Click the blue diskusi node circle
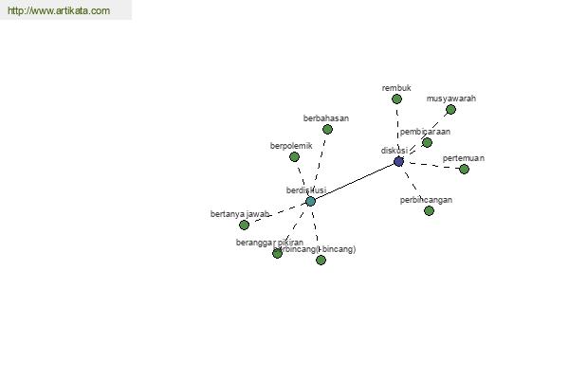[398, 162]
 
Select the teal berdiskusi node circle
[310, 201]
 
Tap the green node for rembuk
[396, 99]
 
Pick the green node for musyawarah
[450, 109]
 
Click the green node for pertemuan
[464, 169]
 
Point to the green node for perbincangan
[429, 210]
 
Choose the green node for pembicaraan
[427, 142]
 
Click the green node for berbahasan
[327, 129]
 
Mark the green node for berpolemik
[294, 156]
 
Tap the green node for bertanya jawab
[244, 225]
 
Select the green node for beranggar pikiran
[277, 253]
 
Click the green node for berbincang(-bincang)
[321, 260]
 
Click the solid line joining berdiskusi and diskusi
[355, 181]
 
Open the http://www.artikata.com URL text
[59, 11]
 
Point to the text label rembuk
[396, 88]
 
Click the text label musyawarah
[451, 99]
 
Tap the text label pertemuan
[464, 158]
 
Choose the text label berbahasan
[326, 118]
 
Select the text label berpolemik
[291, 146]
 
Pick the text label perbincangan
[426, 200]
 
